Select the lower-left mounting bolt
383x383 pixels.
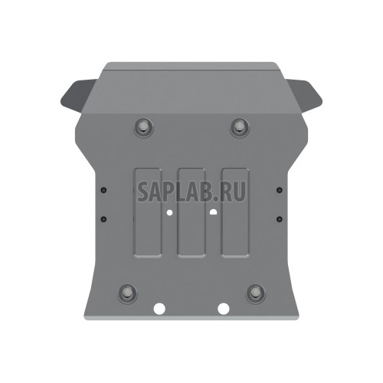click(126, 292)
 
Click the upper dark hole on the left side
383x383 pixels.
click(103, 189)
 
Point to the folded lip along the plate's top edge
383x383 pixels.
click(191, 67)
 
